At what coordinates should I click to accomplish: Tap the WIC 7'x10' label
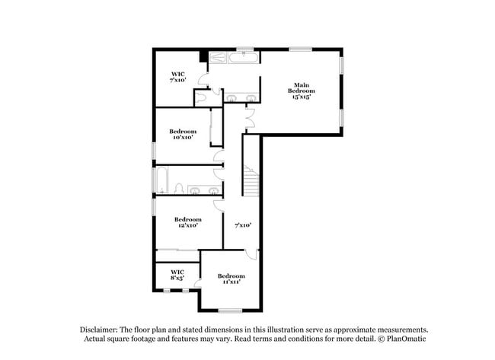click(x=177, y=77)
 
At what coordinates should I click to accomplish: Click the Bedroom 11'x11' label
click(x=231, y=279)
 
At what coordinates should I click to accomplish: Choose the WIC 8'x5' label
click(x=177, y=275)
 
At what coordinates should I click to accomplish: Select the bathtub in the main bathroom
click(x=245, y=57)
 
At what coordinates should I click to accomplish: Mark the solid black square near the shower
click(x=203, y=56)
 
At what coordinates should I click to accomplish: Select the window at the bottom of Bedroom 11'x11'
click(x=230, y=310)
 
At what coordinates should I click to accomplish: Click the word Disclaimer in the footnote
click(x=100, y=330)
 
